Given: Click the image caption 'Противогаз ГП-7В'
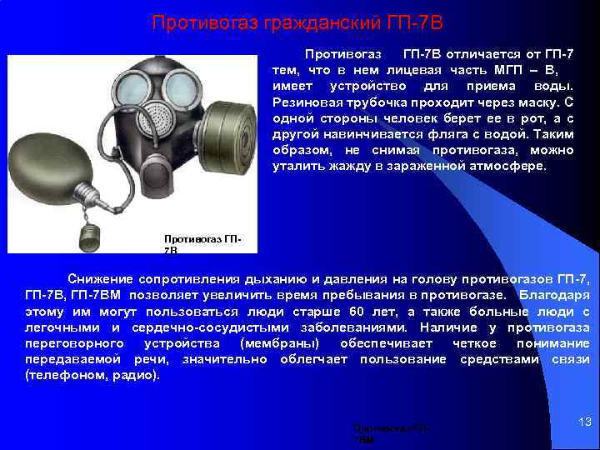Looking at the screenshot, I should point(203,243).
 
